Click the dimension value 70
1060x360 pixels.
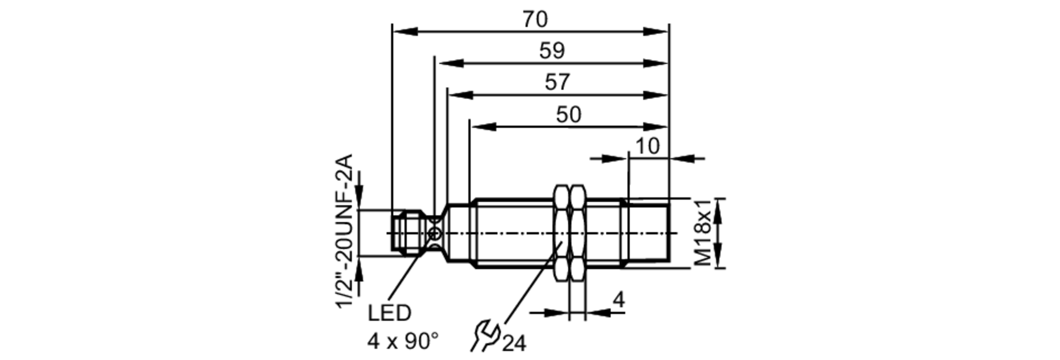click(534, 20)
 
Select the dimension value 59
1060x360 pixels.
click(552, 51)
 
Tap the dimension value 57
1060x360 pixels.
click(557, 82)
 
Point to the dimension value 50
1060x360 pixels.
click(568, 115)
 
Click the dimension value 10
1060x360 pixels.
click(647, 146)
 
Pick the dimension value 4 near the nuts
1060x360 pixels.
click(619, 300)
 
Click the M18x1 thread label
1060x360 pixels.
click(703, 233)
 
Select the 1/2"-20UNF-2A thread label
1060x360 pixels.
click(345, 231)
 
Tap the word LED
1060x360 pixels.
click(389, 313)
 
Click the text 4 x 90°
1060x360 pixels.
click(403, 341)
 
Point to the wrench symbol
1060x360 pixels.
click(485, 335)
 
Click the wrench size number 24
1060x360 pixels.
click(514, 344)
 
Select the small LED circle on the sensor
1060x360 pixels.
click(435, 233)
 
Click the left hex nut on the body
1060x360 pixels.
click(561, 233)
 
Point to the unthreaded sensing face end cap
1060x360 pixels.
click(648, 233)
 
